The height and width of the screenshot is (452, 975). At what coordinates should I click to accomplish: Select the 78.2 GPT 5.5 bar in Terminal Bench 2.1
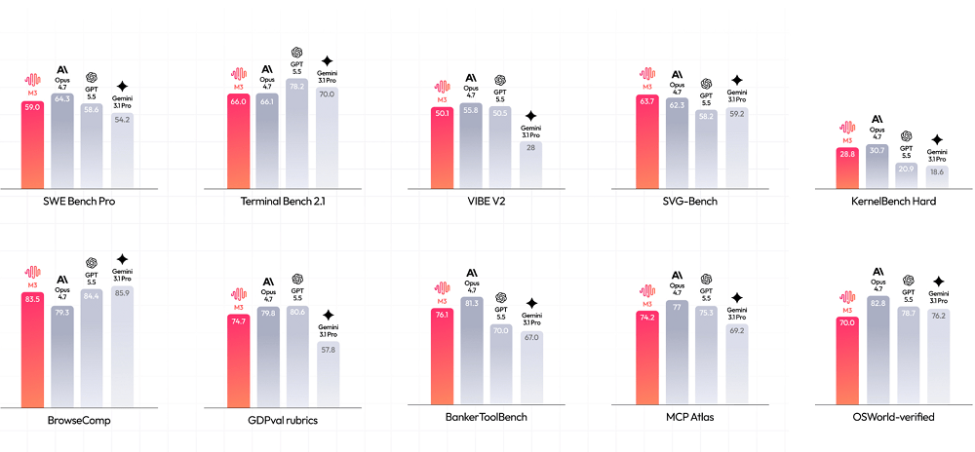click(x=296, y=133)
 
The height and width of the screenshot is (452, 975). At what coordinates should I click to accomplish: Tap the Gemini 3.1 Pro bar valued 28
click(x=531, y=165)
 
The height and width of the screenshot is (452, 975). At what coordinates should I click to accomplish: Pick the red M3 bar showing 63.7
click(x=646, y=141)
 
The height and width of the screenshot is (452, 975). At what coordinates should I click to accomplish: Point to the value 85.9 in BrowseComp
click(x=123, y=293)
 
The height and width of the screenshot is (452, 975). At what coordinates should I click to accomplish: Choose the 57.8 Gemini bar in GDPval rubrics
click(x=329, y=374)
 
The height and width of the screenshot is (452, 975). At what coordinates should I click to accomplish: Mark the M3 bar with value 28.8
click(x=848, y=168)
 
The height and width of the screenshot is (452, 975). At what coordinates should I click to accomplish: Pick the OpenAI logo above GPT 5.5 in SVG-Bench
click(x=706, y=84)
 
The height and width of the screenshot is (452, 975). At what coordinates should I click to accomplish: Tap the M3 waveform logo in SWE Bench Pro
click(x=33, y=80)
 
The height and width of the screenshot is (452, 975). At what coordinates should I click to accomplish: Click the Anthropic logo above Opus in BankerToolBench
click(x=471, y=273)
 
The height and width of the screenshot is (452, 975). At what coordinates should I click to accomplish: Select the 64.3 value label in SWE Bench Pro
click(x=61, y=98)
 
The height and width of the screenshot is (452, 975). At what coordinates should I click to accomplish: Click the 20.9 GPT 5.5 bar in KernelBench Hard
click(x=907, y=175)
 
